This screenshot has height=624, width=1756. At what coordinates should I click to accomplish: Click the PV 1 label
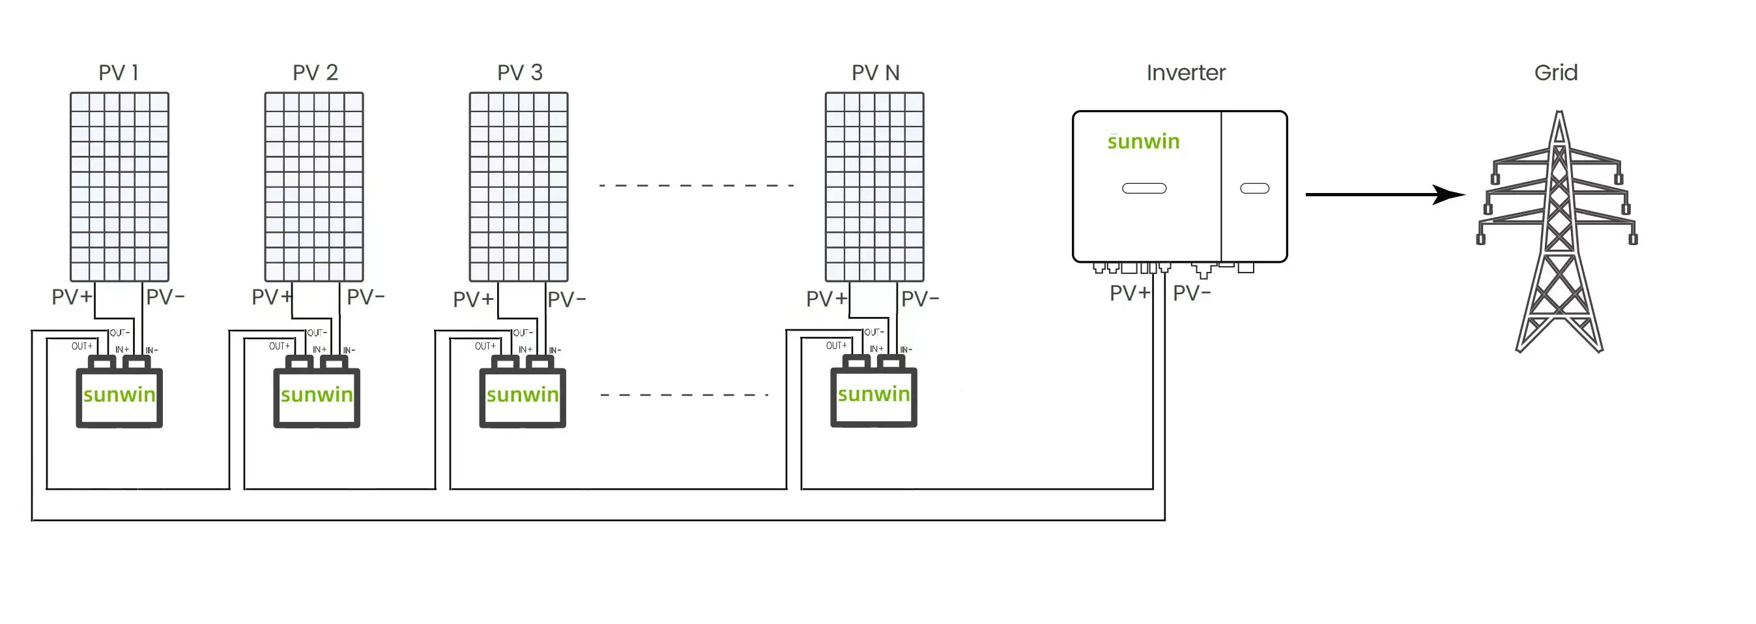pyautogui.click(x=119, y=73)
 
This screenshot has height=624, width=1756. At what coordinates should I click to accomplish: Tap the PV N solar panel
pyautogui.click(x=874, y=187)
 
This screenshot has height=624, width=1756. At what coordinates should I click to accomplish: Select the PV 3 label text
pyautogui.click(x=519, y=73)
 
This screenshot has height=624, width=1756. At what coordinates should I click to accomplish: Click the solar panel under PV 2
pyautogui.click(x=314, y=187)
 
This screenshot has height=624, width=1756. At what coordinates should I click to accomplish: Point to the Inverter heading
pyautogui.click(x=1185, y=73)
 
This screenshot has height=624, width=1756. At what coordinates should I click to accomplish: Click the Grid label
pyautogui.click(x=1555, y=73)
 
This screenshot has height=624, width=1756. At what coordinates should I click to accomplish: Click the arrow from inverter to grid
pyautogui.click(x=1384, y=194)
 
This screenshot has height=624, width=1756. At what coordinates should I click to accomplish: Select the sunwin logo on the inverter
pyautogui.click(x=1143, y=142)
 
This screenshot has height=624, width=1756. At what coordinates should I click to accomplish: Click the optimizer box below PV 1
pyautogui.click(x=119, y=397)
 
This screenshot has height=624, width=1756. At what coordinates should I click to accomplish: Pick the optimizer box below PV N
pyautogui.click(x=873, y=397)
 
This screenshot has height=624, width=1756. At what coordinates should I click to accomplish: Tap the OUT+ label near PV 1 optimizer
pyautogui.click(x=82, y=346)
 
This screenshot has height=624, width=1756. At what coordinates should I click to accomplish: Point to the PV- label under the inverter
pyautogui.click(x=1192, y=293)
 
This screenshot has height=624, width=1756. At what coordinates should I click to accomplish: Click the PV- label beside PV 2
pyautogui.click(x=366, y=297)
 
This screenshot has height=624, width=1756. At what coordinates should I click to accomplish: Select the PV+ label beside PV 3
pyautogui.click(x=473, y=299)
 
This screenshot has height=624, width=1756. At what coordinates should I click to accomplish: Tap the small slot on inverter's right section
pyautogui.click(x=1254, y=188)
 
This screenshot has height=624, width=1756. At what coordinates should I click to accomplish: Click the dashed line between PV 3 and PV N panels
pyautogui.click(x=695, y=185)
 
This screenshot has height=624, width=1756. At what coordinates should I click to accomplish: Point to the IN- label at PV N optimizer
pyautogui.click(x=906, y=350)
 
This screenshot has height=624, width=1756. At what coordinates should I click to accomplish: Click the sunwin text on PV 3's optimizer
pyautogui.click(x=523, y=395)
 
